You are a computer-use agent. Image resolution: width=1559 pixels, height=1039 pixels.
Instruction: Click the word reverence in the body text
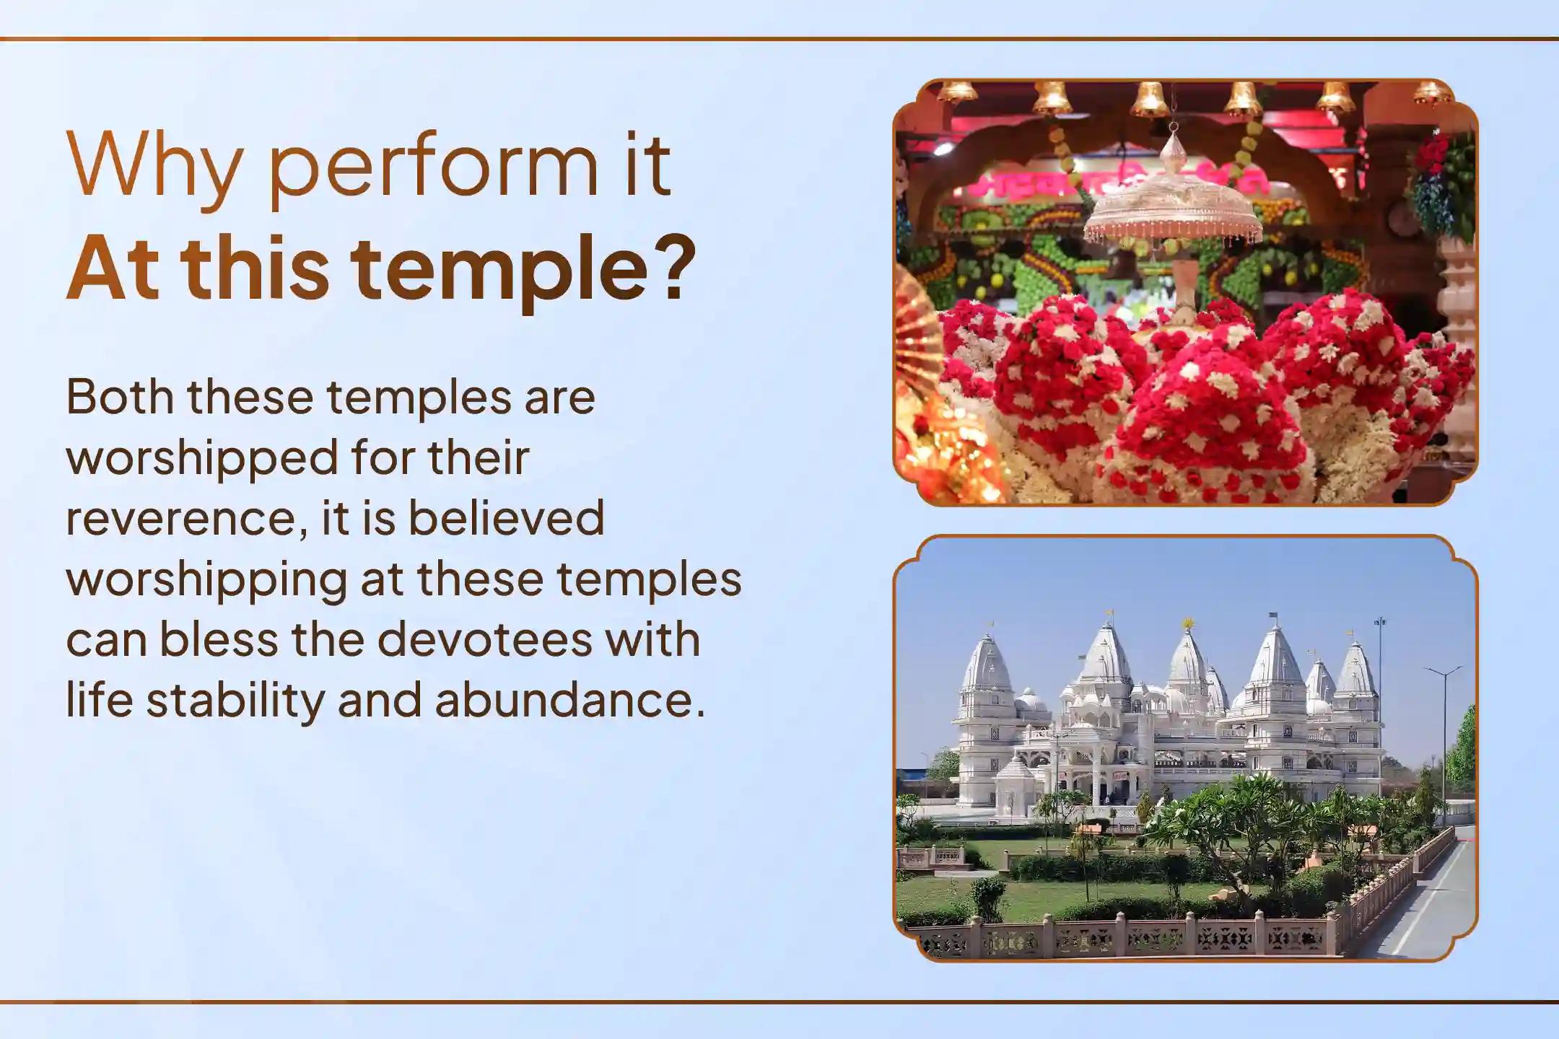pos(183,519)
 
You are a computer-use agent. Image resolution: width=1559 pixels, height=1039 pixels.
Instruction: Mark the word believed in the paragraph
pos(506,519)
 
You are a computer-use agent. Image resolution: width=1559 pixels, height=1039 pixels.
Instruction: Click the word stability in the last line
pos(235,701)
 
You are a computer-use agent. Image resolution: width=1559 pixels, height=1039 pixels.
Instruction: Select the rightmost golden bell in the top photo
pos(1432,92)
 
